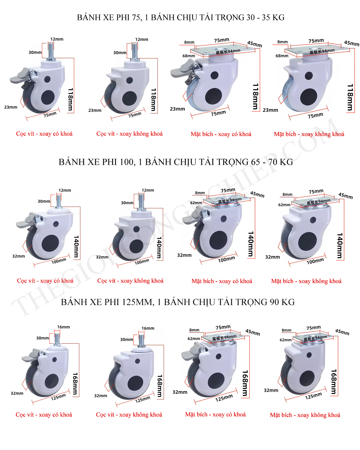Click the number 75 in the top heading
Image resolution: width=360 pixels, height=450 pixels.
(x=136, y=17)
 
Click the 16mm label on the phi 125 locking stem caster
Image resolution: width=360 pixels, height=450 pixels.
(x=64, y=327)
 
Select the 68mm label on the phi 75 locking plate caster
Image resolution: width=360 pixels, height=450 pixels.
(x=189, y=56)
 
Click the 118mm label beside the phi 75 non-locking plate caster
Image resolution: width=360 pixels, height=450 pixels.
(x=350, y=97)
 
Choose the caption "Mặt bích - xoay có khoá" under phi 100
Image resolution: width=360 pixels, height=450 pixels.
(x=222, y=281)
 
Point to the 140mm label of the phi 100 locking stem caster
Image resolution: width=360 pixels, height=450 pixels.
(x=76, y=247)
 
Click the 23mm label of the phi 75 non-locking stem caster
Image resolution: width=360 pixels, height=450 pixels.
(x=95, y=110)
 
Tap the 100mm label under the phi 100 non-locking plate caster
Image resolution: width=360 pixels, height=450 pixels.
(x=315, y=261)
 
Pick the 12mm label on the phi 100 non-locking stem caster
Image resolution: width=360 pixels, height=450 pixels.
(x=148, y=190)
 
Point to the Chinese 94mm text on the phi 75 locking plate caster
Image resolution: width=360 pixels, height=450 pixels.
(x=228, y=52)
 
